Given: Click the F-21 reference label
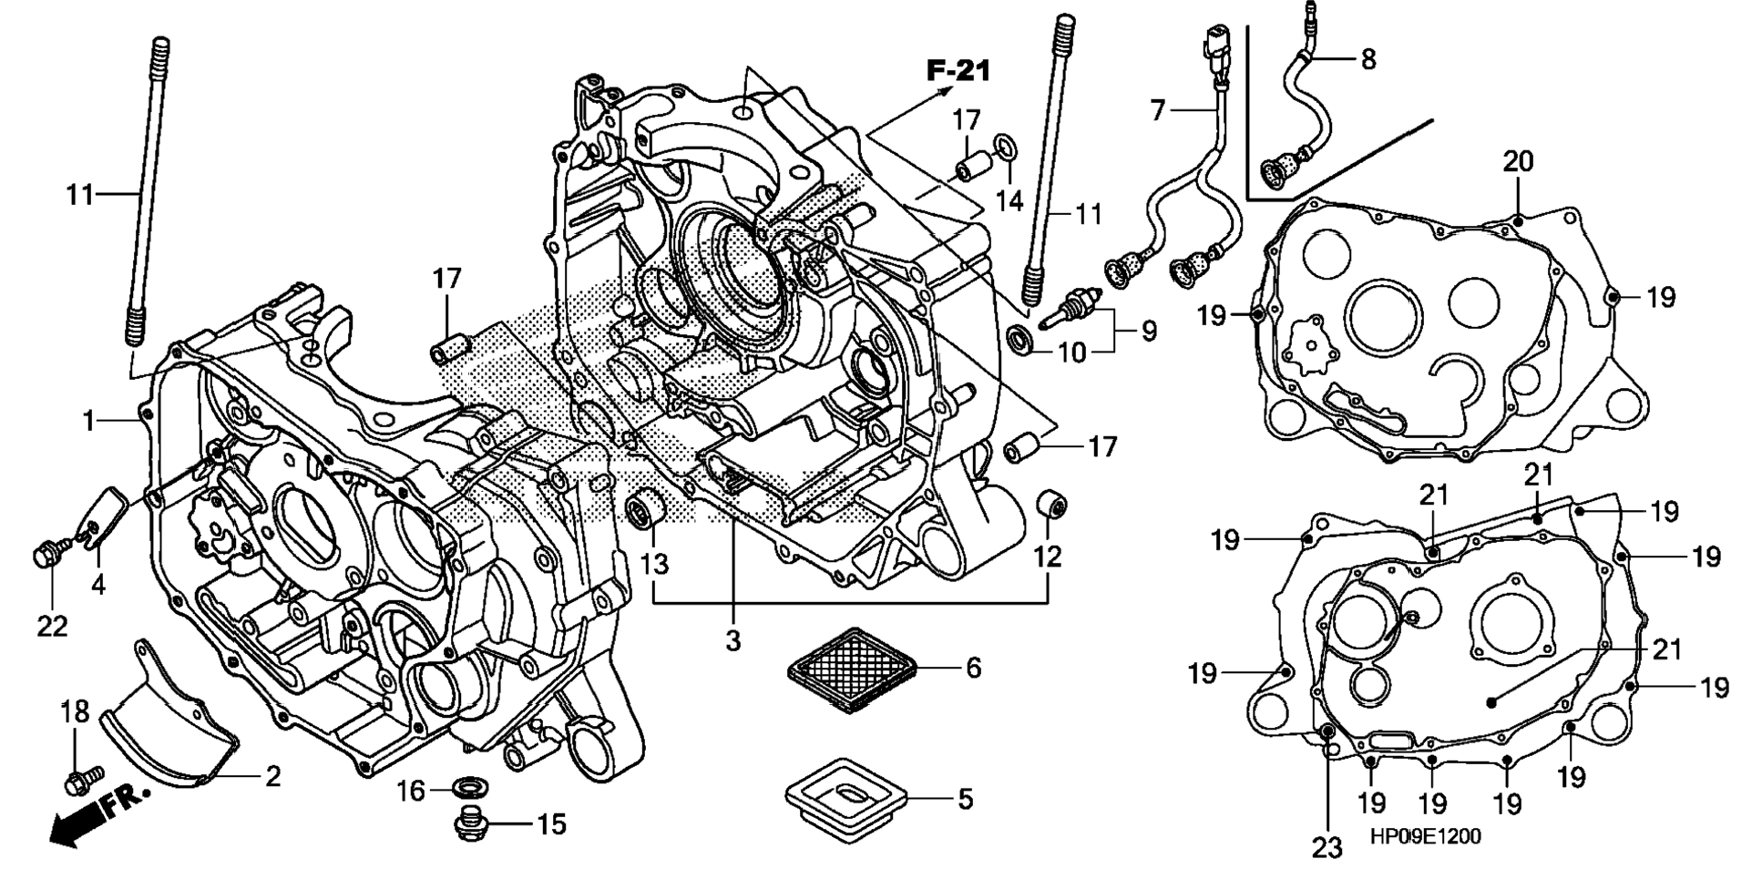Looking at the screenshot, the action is point(958,70).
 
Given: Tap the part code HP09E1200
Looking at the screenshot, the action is point(1425,836).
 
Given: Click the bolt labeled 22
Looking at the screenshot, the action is point(48,550).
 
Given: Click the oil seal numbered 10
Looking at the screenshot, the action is point(1022,339).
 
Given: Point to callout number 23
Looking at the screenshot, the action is point(1327,848).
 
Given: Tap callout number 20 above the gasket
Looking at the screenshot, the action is point(1518,162).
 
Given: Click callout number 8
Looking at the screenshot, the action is point(1368,60).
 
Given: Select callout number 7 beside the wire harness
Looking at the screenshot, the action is point(1157,111).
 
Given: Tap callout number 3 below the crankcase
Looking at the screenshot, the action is point(733,640).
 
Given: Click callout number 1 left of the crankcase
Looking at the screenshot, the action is point(89,421).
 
